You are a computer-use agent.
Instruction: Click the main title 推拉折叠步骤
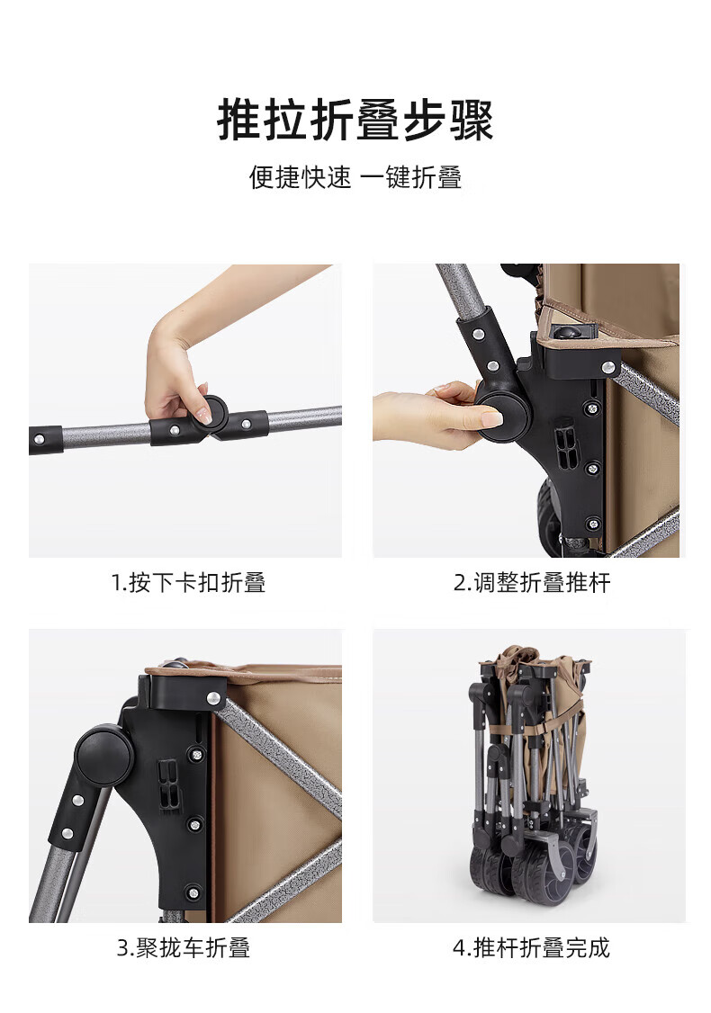[355, 121]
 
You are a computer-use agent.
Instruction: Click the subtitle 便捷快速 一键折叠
[355, 177]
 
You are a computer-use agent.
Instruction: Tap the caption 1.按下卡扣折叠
[188, 582]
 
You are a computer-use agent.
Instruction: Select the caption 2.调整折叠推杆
[531, 582]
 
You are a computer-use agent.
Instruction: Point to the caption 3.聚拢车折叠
[183, 947]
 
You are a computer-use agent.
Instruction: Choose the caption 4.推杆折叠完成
[531, 947]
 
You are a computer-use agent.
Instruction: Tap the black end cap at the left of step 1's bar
[45, 439]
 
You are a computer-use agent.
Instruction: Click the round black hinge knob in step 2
[502, 416]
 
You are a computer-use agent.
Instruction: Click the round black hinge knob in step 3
[104, 756]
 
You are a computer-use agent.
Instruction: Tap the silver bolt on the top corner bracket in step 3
[213, 698]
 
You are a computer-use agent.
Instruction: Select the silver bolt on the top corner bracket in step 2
[607, 368]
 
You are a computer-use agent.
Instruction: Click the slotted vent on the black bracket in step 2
[565, 444]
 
